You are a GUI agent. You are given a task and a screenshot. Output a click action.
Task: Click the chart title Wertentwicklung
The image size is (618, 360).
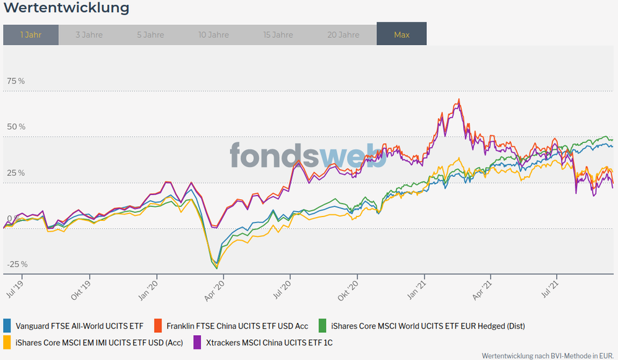tap(66, 8)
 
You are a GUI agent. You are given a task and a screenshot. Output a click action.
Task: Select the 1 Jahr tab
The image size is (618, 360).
tap(31, 35)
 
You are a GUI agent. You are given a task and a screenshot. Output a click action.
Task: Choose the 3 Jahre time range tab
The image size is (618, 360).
tap(89, 35)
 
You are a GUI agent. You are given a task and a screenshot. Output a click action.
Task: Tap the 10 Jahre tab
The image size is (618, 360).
tap(213, 35)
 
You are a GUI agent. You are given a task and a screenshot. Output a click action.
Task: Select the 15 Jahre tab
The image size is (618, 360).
tap(278, 35)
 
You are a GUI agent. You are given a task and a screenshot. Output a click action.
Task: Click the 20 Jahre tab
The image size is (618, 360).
tap(343, 35)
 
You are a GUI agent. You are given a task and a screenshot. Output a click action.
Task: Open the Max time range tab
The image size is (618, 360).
tap(401, 35)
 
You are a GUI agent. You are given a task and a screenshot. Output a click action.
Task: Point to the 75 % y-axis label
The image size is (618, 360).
tap(16, 81)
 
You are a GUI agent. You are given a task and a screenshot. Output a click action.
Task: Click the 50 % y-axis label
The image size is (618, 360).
tap(16, 127)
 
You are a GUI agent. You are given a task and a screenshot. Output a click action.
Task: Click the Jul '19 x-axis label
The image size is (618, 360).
tap(15, 288)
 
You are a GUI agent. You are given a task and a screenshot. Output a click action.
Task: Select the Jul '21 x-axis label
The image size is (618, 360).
tap(550, 288)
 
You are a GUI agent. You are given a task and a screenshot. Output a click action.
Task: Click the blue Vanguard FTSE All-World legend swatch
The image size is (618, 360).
tap(7, 325)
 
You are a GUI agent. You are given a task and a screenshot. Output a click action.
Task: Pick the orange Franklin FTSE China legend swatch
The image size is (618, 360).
tap(158, 325)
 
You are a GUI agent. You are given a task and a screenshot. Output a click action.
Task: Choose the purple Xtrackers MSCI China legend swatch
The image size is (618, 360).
tap(197, 342)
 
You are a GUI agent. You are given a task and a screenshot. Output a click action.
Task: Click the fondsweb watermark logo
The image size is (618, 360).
tap(307, 155)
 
